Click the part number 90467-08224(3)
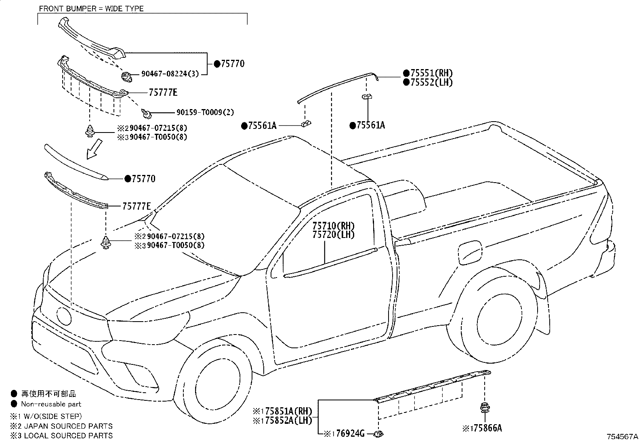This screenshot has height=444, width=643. pos(170,74)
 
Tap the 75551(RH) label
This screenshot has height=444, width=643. pos(431,73)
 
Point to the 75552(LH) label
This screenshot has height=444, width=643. pos(431,82)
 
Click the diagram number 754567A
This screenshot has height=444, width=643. pos(622,437)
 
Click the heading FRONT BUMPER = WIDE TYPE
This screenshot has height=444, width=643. pos(91,8)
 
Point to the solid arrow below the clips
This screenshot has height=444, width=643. pos(93,149)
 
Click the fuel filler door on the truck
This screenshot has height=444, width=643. pos(470,253)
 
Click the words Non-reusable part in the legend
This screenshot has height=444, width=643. pos(51,404)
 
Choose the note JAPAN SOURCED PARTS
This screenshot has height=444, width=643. pos(67,426)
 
